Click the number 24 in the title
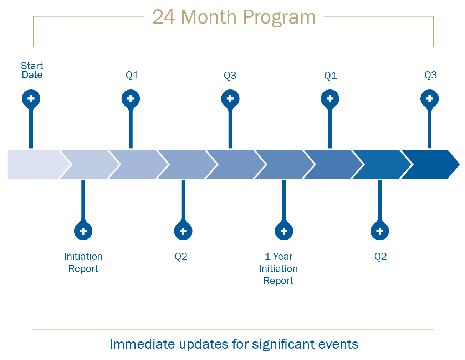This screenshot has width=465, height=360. coord(164,17)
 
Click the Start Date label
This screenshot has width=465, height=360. coord(32,70)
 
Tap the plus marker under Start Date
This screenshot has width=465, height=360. coord(31,99)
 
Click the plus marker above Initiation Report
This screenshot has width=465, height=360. coord(83,231)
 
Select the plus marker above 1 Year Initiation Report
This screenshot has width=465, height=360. coord(284,231)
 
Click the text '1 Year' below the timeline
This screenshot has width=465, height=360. coord(279,257)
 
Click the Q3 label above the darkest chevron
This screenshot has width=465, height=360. coord(430,75)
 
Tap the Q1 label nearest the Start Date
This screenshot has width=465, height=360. coord(132,75)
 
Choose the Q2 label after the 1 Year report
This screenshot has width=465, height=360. coord(380,257)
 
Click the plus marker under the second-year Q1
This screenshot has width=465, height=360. coord(330,99)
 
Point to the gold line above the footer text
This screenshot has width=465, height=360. coord(234,330)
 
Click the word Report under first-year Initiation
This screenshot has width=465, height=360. coord(83,269)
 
